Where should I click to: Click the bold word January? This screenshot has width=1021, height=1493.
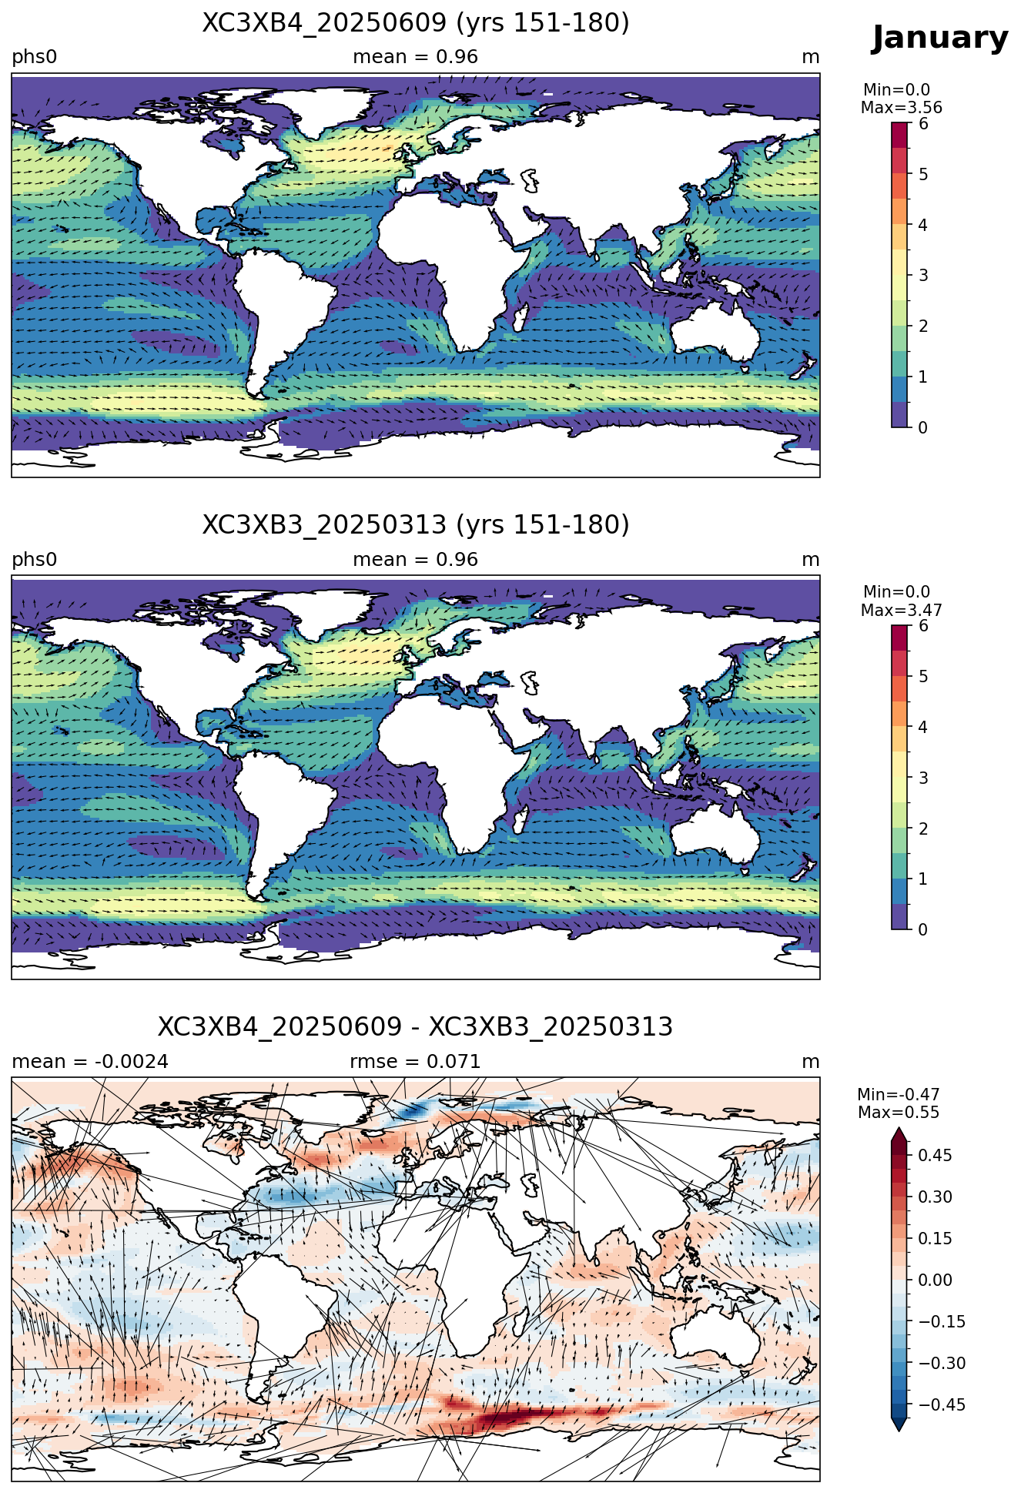coord(939,38)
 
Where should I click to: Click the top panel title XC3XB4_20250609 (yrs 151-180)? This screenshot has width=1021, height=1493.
coord(416,23)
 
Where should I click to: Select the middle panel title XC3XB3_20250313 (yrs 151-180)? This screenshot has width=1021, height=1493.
coord(416,525)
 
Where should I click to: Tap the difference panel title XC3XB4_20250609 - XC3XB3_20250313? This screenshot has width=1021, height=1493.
coord(416,1027)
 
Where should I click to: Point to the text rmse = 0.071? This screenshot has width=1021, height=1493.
coord(416,1062)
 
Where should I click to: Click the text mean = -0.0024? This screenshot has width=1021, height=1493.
coord(90,1062)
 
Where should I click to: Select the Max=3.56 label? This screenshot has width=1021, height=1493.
coord(902,108)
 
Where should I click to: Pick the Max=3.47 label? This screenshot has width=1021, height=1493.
coord(902,611)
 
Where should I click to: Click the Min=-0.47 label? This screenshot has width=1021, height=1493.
coord(899,1095)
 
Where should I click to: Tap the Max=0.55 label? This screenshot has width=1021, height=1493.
coord(899,1113)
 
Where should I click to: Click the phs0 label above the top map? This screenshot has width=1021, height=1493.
coord(35,58)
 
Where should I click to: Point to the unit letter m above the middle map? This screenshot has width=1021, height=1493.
coord(811,560)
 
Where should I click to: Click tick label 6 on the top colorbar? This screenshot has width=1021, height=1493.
coord(923,124)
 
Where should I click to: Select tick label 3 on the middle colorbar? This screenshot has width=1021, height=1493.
coord(923,778)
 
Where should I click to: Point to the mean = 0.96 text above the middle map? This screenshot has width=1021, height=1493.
coord(416,560)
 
